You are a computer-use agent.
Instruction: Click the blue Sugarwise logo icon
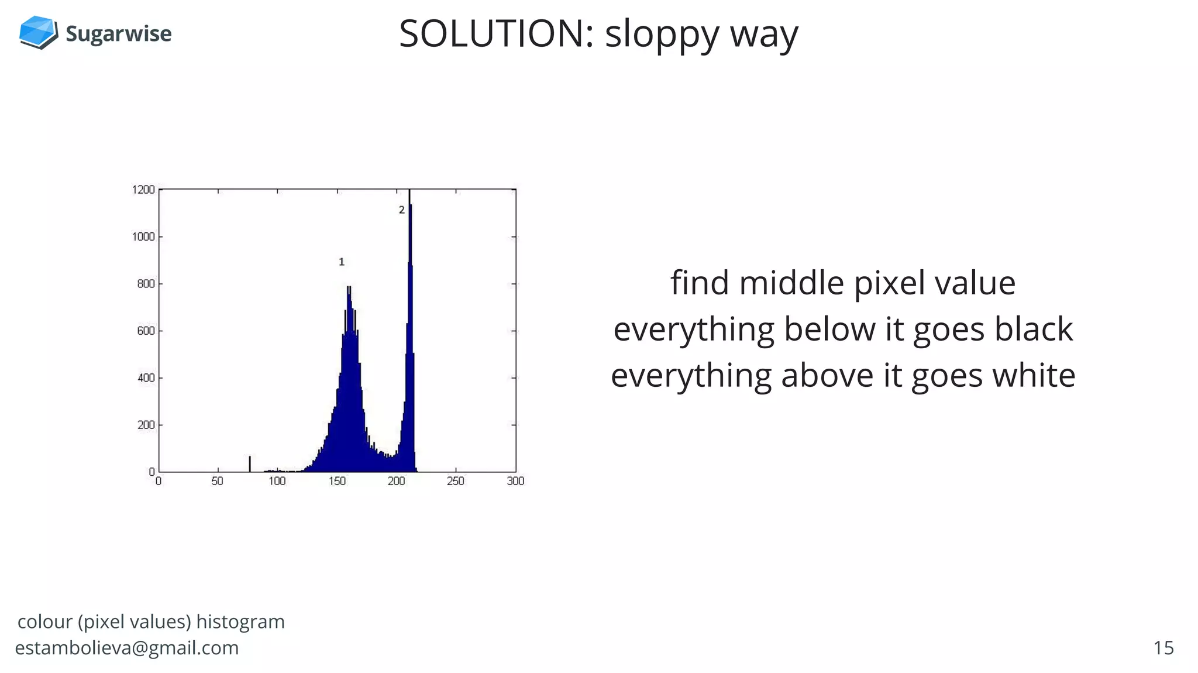point(38,32)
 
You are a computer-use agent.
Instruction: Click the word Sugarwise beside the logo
point(119,34)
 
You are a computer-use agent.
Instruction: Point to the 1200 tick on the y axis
point(143,190)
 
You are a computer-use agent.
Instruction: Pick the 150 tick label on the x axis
point(337,481)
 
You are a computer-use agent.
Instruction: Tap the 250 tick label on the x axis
point(455,481)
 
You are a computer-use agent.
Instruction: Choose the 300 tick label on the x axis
point(515,481)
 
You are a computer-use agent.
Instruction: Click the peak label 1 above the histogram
point(342,262)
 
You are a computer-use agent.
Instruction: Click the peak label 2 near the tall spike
point(401,210)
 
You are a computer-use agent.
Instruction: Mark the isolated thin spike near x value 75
point(250,464)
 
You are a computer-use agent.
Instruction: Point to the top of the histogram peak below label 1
point(349,288)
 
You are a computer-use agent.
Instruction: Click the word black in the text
point(1034,329)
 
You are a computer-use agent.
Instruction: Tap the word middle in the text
point(792,283)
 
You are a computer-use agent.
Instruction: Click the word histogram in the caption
point(240,622)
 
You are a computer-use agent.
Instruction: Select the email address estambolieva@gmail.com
point(127,648)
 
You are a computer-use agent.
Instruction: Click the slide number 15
point(1163,648)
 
